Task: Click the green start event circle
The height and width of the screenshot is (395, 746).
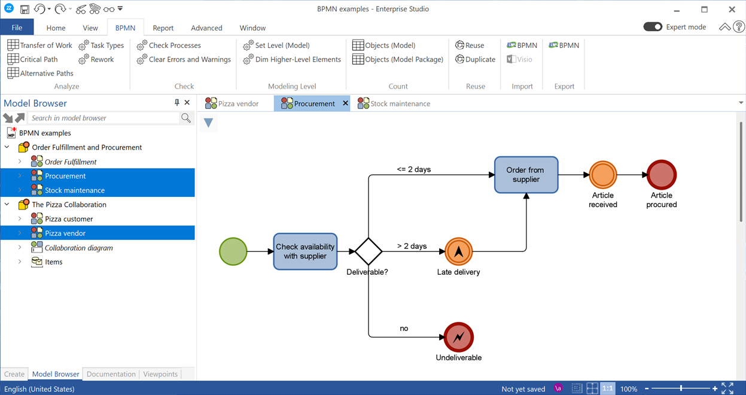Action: point(233,251)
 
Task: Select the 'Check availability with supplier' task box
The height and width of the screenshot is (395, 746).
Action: point(305,251)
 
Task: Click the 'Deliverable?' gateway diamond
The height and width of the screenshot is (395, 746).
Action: point(369,251)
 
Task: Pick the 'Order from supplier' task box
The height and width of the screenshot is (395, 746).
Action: point(526,175)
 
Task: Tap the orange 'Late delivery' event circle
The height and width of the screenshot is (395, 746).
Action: point(459,251)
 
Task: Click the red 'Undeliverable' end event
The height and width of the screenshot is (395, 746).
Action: point(459,337)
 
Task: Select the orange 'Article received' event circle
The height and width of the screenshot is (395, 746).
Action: point(603,175)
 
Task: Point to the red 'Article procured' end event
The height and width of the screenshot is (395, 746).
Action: point(662,175)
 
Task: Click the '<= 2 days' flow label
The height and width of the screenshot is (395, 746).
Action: point(413,169)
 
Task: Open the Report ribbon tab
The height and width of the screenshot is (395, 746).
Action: point(163,28)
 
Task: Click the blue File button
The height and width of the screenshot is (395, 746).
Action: point(17,28)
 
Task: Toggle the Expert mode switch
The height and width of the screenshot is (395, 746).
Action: point(653,27)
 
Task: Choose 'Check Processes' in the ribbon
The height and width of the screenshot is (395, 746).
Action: point(169,45)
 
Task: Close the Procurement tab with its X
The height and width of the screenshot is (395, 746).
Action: point(345,104)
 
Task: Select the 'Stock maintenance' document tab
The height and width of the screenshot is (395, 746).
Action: point(394,104)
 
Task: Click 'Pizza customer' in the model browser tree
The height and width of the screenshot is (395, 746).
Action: point(69,219)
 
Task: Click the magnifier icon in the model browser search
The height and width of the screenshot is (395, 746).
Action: point(186,117)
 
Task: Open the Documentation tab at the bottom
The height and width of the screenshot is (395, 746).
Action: point(111,374)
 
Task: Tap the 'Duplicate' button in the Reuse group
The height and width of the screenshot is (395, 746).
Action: point(475,59)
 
